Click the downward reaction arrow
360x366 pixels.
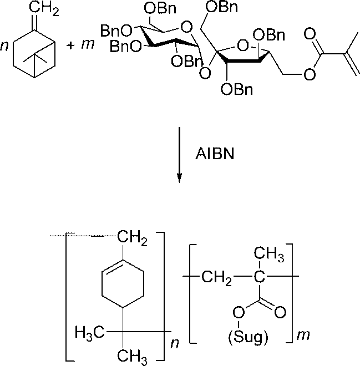tap(179, 155)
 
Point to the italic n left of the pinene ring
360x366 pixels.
tap(4, 46)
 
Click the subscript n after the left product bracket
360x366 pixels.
tap(174, 343)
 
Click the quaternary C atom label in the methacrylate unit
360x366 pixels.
tap(257, 276)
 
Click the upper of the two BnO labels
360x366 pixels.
tap(114, 28)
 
